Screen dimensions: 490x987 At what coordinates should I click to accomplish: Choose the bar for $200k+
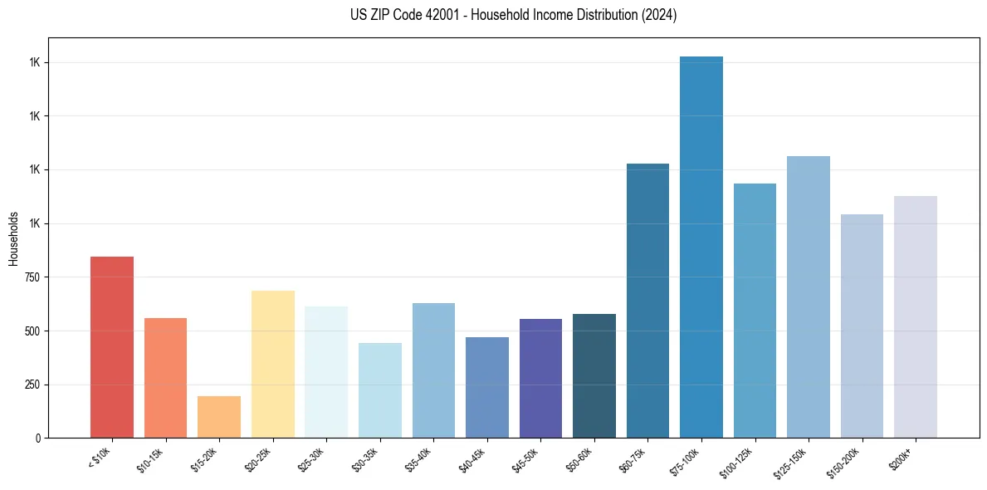pos(916,316)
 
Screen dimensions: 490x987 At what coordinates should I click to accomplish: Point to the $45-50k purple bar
pos(540,378)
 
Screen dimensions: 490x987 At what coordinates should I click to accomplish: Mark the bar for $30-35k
pos(380,390)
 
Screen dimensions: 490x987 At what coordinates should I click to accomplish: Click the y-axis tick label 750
pos(32,277)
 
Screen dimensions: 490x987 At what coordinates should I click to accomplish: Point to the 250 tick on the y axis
pos(32,385)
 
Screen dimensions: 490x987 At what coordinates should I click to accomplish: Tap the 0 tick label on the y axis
pos(38,438)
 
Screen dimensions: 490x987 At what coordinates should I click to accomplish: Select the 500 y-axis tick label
pos(32,331)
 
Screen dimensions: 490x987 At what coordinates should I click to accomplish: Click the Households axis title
pos(13,238)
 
